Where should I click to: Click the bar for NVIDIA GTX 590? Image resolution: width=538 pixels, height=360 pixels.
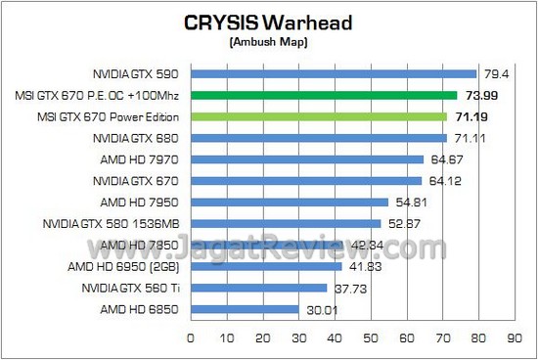tap(333, 73)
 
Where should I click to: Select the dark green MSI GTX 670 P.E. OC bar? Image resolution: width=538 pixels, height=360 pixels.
tap(323, 95)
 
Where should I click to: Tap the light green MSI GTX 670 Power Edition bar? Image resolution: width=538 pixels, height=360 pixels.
tap(318, 116)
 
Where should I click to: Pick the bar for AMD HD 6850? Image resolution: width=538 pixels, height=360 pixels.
tap(244, 310)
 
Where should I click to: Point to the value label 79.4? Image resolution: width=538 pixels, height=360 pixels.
tap(492, 73)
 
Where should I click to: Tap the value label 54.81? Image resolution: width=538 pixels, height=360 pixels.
tap(409, 202)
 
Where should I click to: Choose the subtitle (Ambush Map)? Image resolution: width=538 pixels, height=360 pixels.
tap(269, 43)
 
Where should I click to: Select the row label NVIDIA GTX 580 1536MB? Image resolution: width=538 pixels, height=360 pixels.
tap(111, 224)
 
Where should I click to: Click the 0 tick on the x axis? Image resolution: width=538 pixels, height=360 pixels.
tap(190, 337)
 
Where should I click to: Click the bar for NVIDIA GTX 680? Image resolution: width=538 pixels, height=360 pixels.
tap(318, 138)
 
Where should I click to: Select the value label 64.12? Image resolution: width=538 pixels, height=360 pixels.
tap(442, 181)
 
